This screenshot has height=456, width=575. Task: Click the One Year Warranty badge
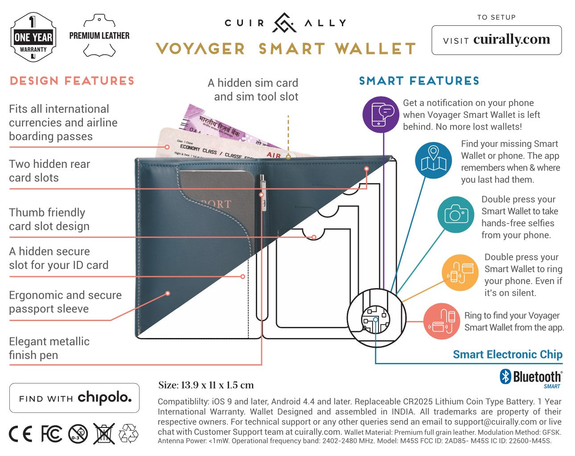33,37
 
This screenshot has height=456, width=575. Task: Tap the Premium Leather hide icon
99,36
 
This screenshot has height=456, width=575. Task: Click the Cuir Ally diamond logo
285,23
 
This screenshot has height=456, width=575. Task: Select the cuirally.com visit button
496,40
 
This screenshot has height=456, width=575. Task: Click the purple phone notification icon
381,114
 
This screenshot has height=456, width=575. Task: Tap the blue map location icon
433,160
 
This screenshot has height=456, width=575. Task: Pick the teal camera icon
455,215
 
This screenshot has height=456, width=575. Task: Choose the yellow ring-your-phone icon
460,273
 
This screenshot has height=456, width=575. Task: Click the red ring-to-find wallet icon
441,321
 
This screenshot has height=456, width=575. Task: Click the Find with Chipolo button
74,398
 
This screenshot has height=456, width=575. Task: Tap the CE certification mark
21,434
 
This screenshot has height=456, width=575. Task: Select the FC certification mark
51,434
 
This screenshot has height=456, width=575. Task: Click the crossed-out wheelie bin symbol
104,434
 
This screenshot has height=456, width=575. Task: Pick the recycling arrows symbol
128,434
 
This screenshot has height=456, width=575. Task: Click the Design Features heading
72,81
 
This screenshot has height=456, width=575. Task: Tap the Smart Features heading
419,81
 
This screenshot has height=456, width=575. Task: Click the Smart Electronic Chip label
507,354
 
